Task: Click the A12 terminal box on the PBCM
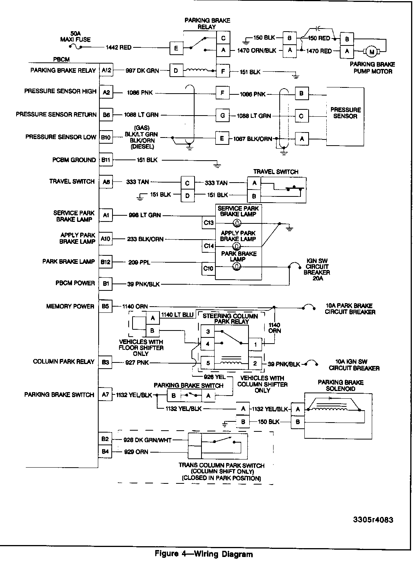(x=106, y=70)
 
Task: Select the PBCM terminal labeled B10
(x=106, y=137)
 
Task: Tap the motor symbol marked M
(x=372, y=52)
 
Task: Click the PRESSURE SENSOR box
(x=345, y=116)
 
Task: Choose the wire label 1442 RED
(x=119, y=48)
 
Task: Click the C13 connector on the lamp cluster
(x=209, y=223)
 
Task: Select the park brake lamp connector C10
(x=209, y=268)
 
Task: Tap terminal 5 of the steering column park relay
(x=208, y=362)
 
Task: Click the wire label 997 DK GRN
(x=142, y=71)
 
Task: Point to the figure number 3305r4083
(x=373, y=520)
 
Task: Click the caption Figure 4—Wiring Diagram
(x=204, y=554)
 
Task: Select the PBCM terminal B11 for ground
(x=106, y=160)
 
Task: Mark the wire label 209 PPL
(x=139, y=262)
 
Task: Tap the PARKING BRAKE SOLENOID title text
(x=340, y=386)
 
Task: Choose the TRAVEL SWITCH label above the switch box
(x=275, y=172)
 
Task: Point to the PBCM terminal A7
(x=106, y=395)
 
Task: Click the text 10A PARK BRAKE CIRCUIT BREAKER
(x=350, y=309)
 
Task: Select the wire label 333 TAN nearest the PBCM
(x=138, y=182)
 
